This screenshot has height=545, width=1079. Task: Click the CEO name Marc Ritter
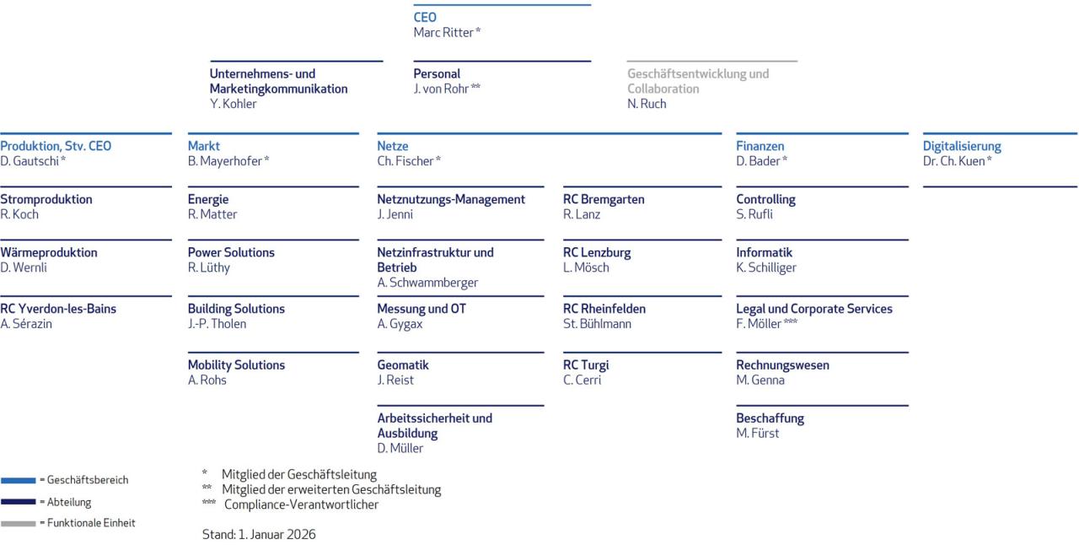tap(443, 32)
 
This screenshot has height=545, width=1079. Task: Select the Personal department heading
tap(437, 73)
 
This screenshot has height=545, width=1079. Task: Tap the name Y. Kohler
tap(234, 104)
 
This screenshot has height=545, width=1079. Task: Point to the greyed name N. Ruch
tap(647, 104)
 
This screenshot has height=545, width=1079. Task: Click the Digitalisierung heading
tap(962, 146)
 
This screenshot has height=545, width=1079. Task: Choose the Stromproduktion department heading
tap(46, 199)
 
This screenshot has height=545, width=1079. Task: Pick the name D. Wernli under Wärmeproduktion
tap(24, 267)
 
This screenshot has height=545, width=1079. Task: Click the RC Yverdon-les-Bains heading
tap(58, 309)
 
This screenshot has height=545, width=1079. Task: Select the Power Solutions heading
tap(231, 252)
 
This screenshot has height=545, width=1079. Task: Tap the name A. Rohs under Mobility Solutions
tap(207, 380)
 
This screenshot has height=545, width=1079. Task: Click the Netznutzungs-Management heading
tap(451, 199)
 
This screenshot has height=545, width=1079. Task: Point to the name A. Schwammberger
tap(427, 283)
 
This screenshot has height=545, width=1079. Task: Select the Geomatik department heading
tap(403, 365)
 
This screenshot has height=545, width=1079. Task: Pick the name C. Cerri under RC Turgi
tap(581, 380)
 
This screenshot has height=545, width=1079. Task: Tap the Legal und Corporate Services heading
tap(814, 309)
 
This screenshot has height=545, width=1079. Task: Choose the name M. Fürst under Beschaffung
tap(758, 433)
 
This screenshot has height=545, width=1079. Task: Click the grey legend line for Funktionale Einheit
tap(18, 523)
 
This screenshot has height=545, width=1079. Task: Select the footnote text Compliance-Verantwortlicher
tap(301, 505)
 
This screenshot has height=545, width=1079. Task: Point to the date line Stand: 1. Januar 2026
tap(259, 534)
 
